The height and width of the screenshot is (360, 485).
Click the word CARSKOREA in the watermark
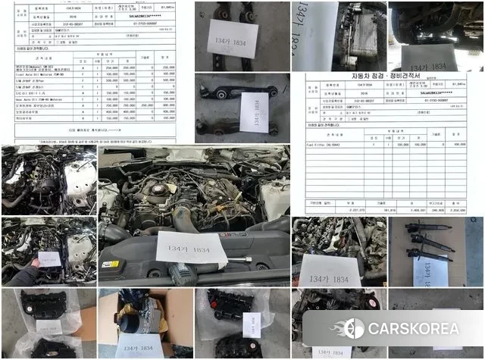click(x=413, y=329)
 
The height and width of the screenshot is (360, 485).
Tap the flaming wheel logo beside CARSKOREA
click(x=353, y=329)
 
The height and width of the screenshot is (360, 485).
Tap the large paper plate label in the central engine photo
click(x=192, y=251)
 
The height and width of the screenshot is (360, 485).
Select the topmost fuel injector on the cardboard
click(x=431, y=228)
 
